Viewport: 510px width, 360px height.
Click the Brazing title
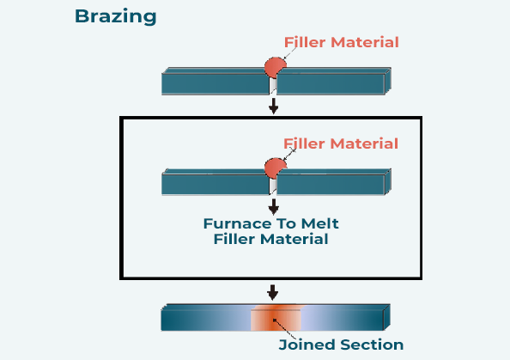point(115,16)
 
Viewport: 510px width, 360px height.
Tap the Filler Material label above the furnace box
point(342,42)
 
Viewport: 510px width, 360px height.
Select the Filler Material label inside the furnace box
point(341,143)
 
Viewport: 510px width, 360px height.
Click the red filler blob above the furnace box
point(275,68)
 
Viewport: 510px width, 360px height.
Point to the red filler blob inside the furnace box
point(275,168)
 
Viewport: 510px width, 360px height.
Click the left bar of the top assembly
point(216,82)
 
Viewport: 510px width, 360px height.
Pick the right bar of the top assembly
point(334,82)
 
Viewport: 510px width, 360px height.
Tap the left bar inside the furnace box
point(216,182)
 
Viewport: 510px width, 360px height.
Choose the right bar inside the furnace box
point(334,182)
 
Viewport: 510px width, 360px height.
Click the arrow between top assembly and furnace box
point(274,106)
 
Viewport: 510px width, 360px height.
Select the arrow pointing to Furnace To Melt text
point(274,207)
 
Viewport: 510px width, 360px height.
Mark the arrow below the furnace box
point(272,292)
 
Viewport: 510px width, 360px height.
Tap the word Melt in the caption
point(320,223)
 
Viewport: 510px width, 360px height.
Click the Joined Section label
point(341,345)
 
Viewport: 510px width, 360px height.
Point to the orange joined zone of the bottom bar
point(276,318)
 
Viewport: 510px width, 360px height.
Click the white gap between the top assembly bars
point(273,86)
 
